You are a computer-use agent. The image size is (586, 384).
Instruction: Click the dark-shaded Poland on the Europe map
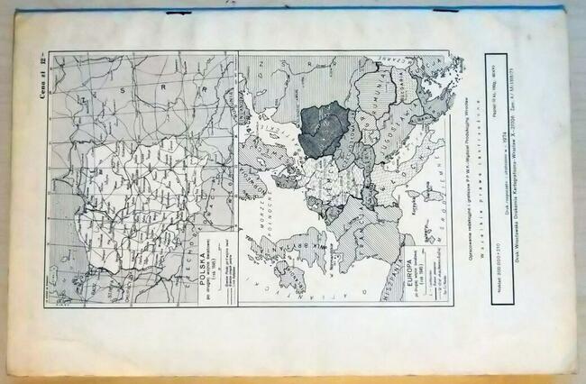pyautogui.click(x=324, y=126)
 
